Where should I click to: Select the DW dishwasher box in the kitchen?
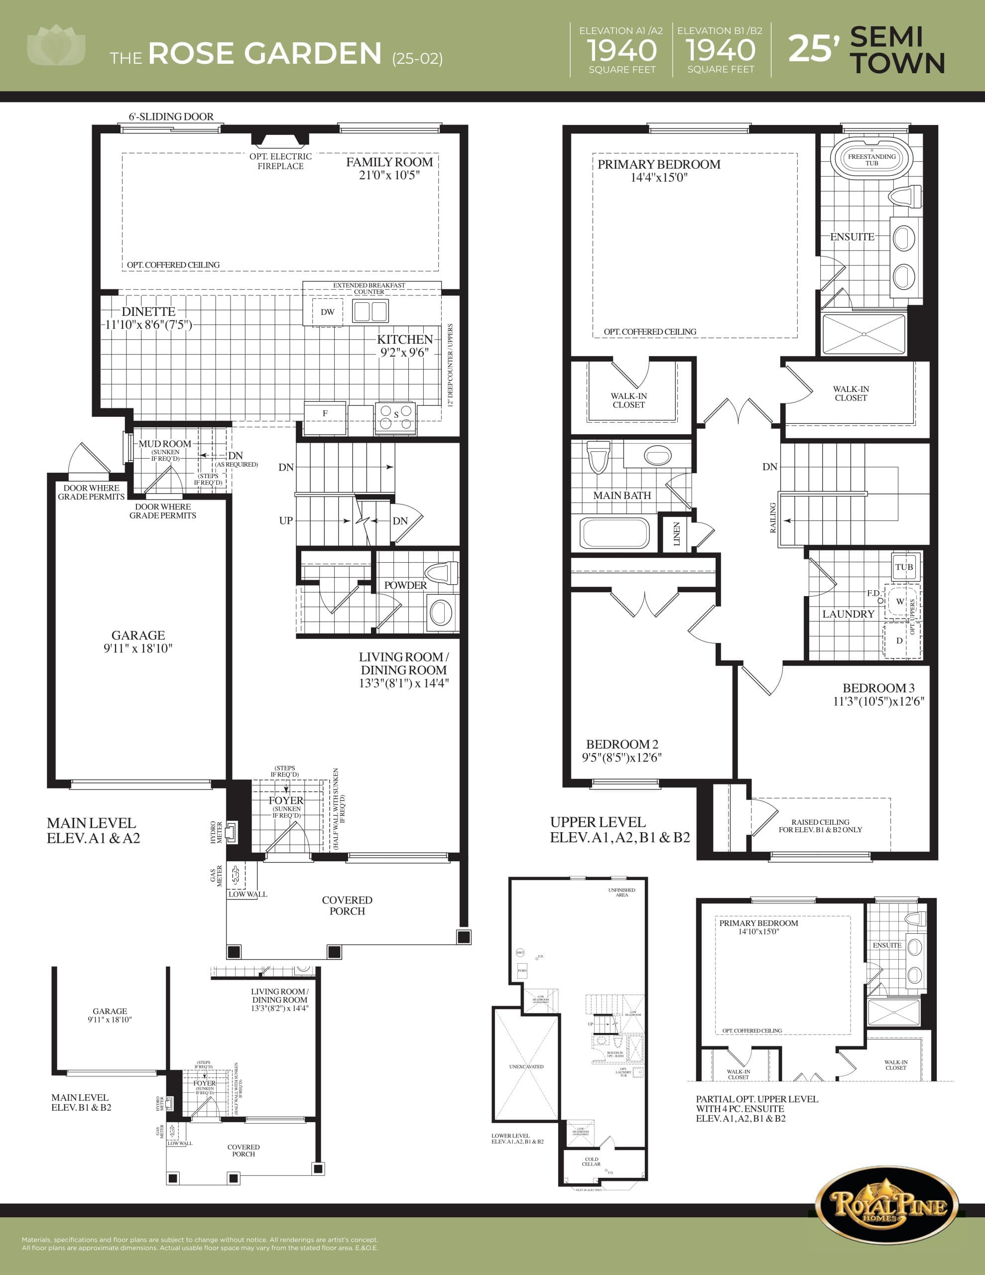click(328, 312)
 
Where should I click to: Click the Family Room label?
click(389, 162)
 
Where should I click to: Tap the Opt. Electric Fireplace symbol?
click(280, 139)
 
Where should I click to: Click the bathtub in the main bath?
click(614, 533)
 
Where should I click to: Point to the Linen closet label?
click(677, 533)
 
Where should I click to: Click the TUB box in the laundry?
click(904, 567)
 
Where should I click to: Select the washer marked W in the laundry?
click(900, 601)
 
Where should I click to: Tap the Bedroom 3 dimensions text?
click(878, 701)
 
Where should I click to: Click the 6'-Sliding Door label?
click(171, 117)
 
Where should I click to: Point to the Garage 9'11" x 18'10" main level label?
click(138, 641)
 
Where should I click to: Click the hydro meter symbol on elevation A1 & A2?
click(231, 832)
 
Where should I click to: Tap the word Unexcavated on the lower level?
click(526, 1067)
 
